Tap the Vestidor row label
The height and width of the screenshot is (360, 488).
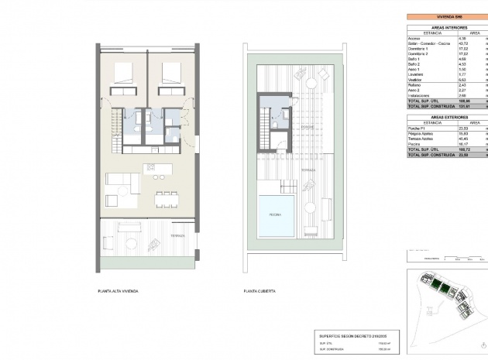click(417, 78)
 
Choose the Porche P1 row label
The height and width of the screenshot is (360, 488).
click(418, 129)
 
